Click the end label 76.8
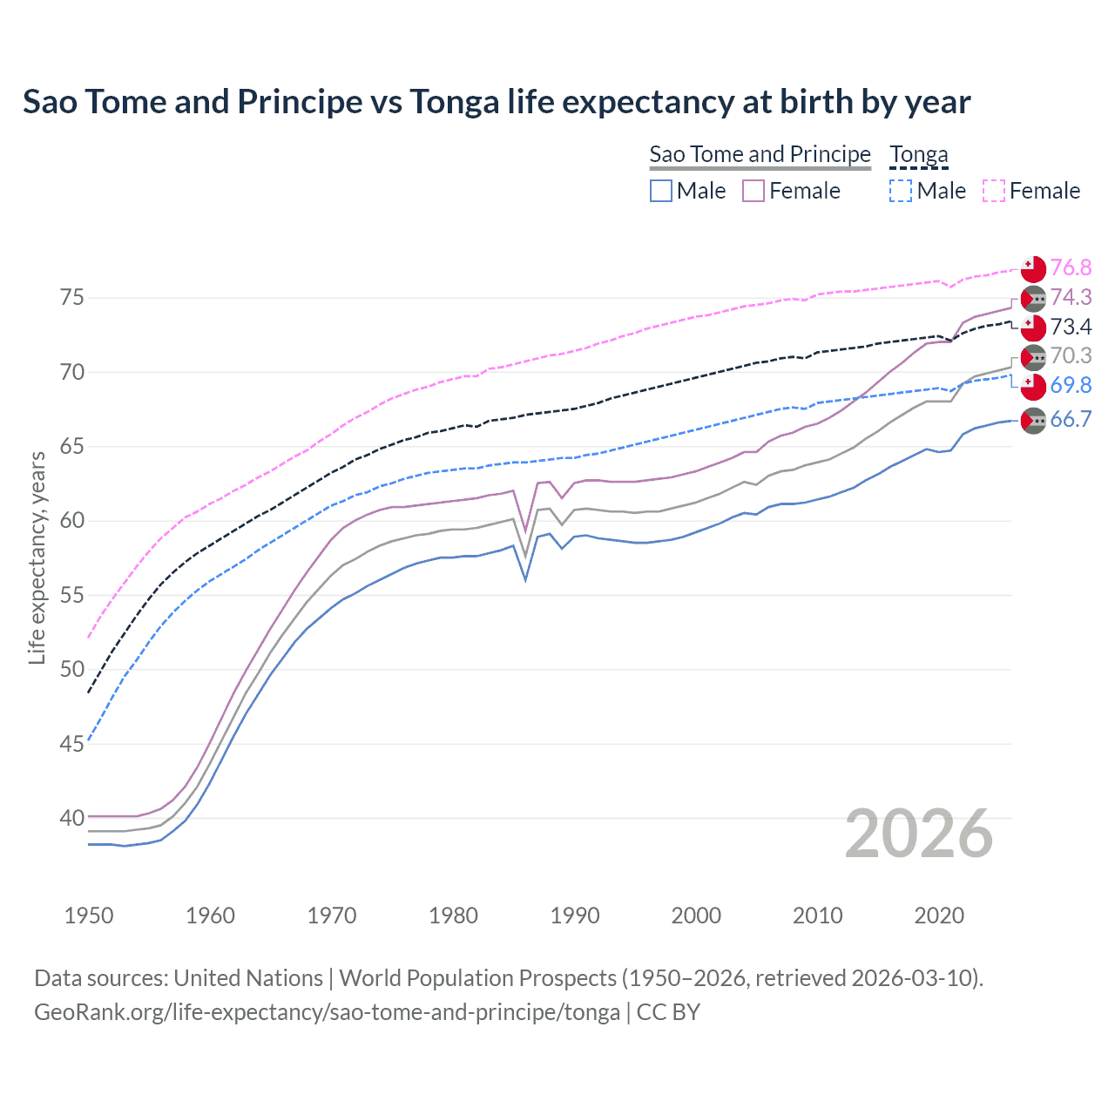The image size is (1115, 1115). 1071,267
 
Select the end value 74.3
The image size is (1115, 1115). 1071,297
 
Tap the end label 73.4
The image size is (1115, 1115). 1071,327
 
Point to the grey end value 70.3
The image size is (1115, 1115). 1071,355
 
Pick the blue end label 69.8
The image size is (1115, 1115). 1071,385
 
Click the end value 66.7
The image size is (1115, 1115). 1071,419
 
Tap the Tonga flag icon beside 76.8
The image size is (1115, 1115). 1033,269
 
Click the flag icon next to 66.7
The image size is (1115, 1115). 1033,421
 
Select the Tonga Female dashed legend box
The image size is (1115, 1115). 994,191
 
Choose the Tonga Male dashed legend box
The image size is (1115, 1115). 901,191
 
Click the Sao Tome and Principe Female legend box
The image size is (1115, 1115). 753,191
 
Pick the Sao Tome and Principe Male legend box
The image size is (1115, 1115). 661,191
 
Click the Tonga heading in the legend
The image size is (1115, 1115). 918,154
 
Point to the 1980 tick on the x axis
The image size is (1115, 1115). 453,916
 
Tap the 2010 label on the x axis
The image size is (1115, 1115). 817,916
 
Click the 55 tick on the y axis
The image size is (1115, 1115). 71,595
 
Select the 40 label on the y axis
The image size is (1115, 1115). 71,818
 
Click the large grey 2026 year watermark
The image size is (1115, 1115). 918,834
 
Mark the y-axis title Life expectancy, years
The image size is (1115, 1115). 37,557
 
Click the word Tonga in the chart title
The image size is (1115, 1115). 456,102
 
